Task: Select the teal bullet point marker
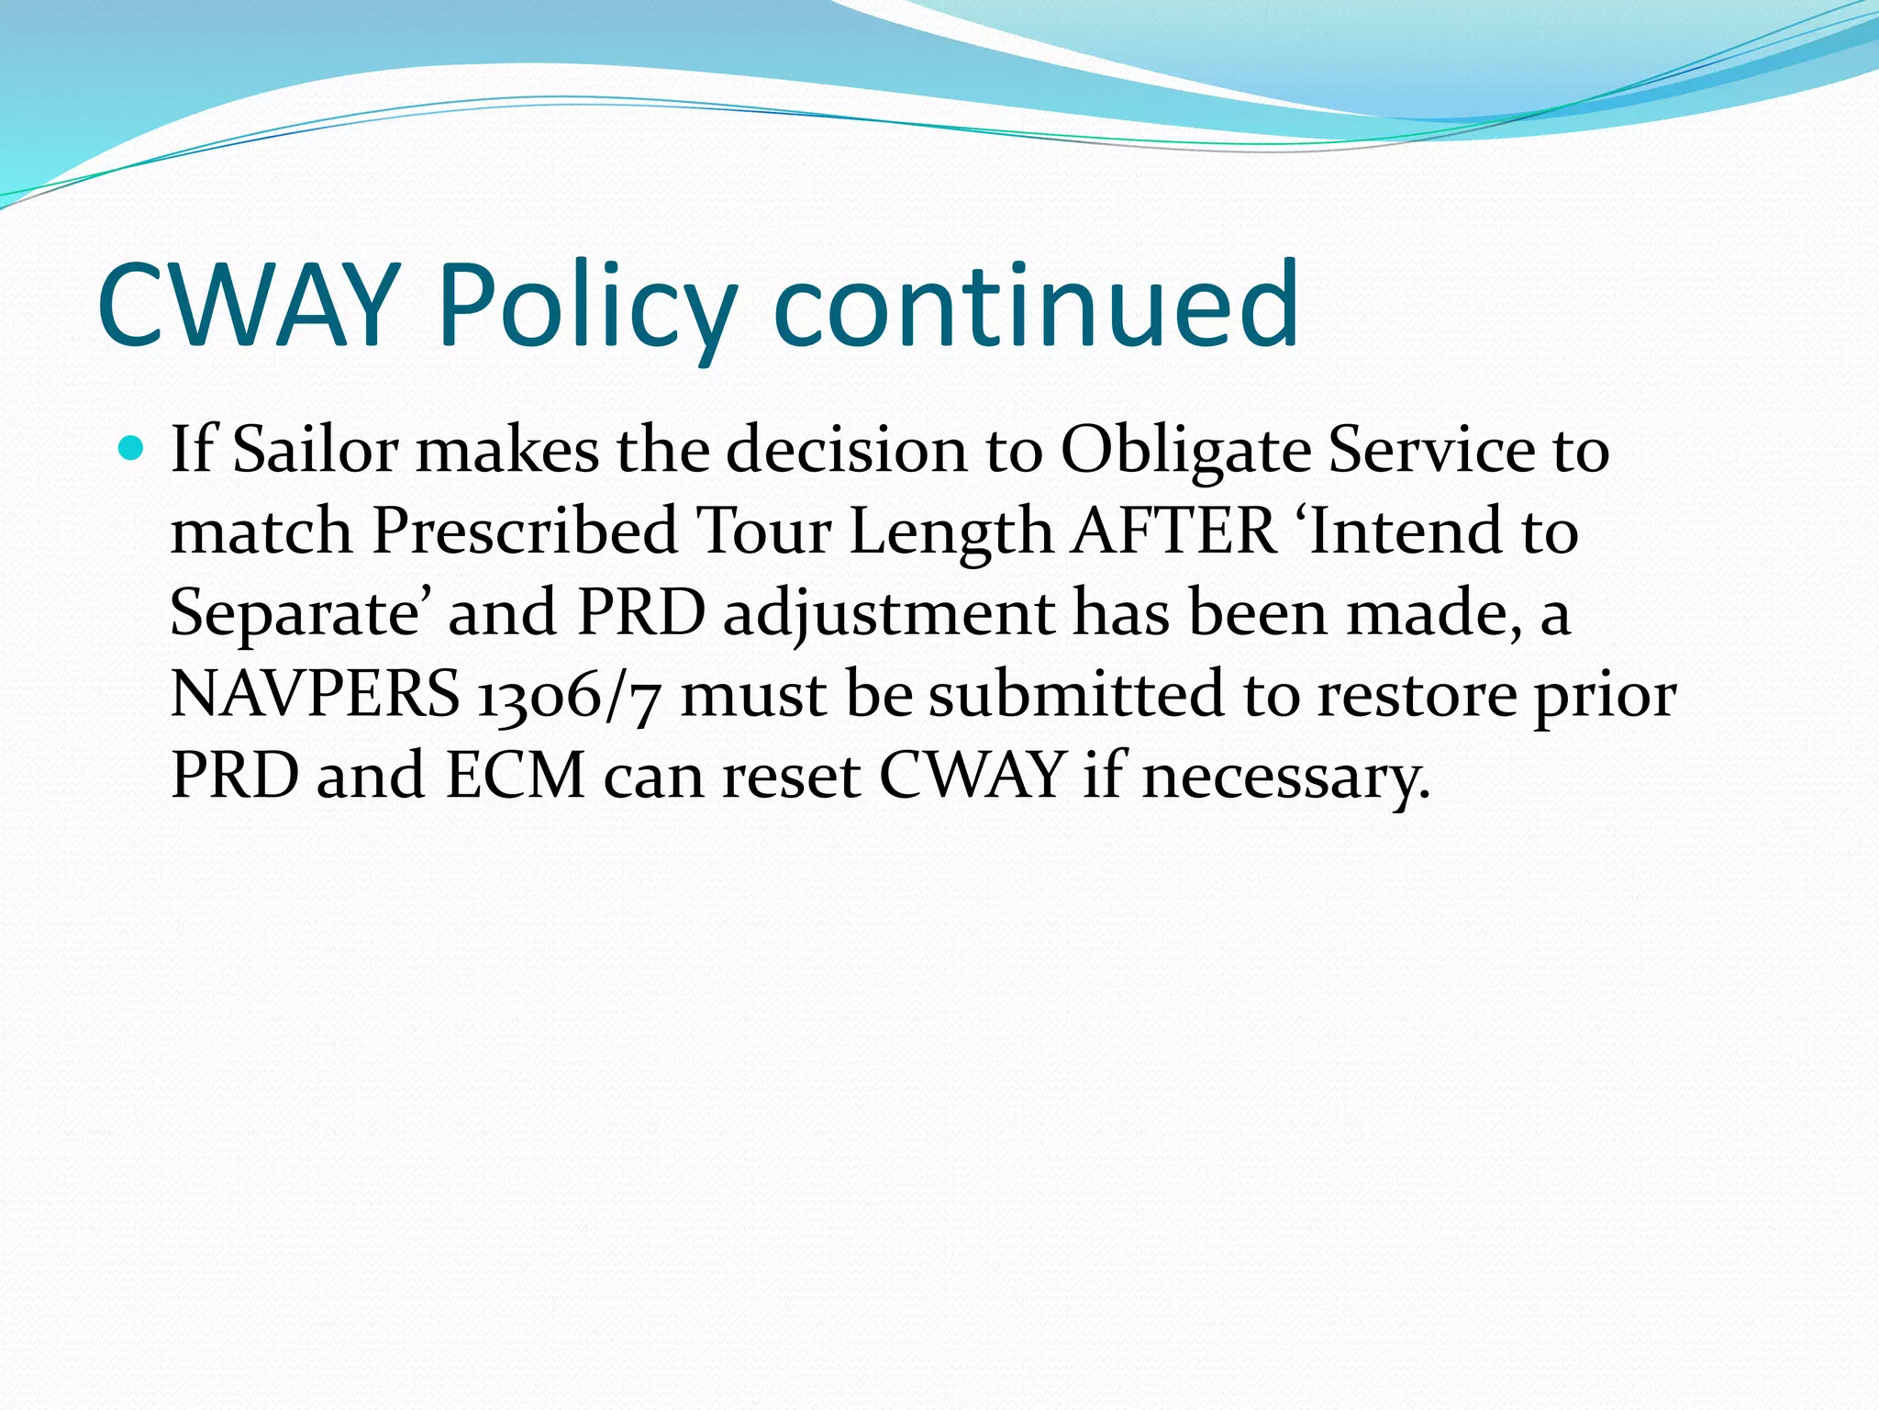pos(132,449)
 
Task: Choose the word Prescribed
pos(525,532)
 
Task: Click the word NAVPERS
pos(315,694)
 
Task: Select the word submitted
pos(1076,694)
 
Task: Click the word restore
pos(1418,694)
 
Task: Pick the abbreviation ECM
pos(516,776)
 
